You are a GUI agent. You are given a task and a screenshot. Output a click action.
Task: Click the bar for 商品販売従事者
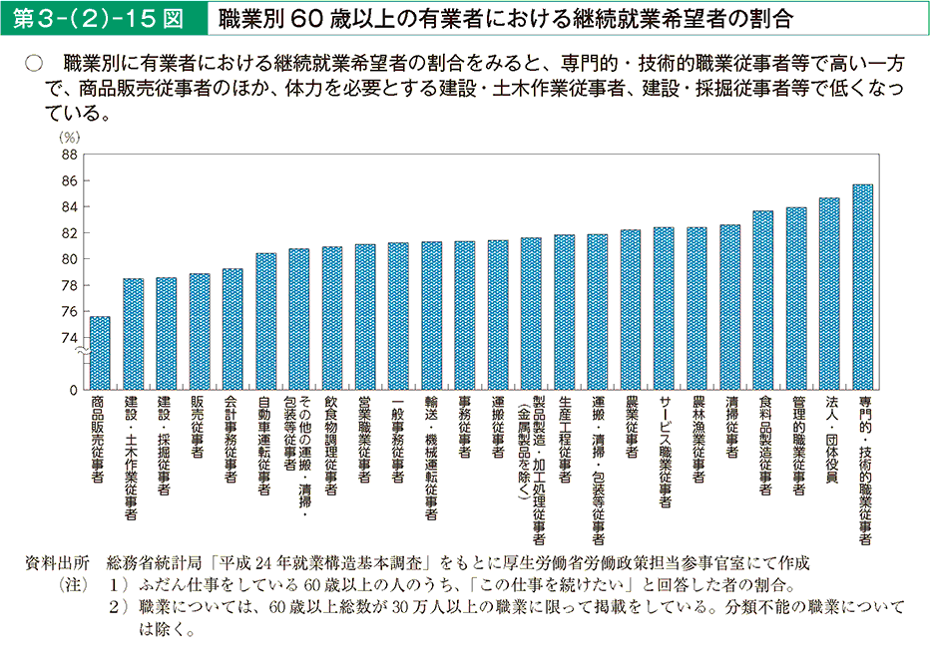click(100, 353)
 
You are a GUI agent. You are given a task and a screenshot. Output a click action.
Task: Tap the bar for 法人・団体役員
click(829, 294)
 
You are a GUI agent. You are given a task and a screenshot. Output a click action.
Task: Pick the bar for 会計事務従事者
click(232, 329)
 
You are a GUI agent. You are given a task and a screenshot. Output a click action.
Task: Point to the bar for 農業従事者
click(631, 310)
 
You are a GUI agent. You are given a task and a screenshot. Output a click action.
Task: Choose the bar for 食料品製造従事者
click(763, 300)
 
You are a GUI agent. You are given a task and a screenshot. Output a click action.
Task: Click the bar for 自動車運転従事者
click(265, 321)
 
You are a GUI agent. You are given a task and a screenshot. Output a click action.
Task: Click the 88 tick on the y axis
click(68, 156)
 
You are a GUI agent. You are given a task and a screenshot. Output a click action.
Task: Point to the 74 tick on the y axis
click(68, 337)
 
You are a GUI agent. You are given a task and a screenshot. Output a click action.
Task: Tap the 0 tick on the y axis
click(73, 389)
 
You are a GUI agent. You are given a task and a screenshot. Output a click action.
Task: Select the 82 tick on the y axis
click(68, 233)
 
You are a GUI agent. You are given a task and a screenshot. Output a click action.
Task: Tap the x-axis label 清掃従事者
click(730, 430)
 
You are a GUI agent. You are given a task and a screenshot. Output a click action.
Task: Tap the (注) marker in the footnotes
click(76, 584)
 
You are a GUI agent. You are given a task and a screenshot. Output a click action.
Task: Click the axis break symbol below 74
click(86, 351)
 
